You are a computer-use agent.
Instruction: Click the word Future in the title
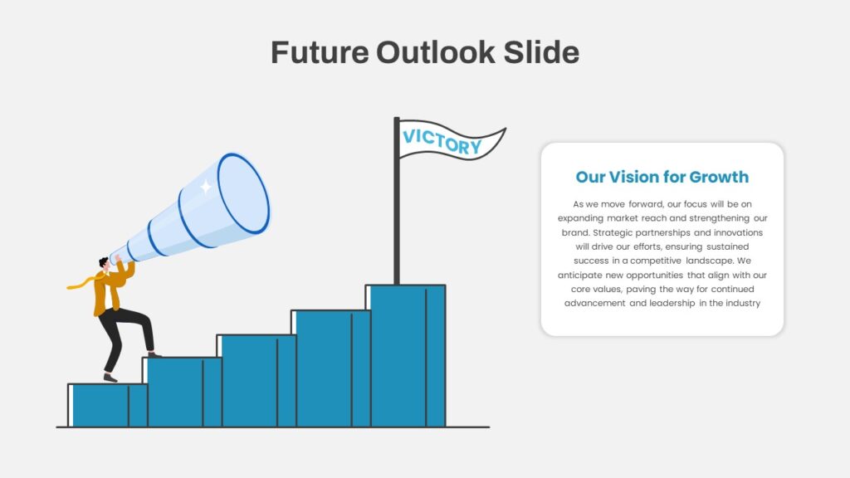319,52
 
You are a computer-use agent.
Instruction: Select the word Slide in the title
542,52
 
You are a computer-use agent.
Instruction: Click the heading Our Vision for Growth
662,177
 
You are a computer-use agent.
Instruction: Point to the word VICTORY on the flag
441,142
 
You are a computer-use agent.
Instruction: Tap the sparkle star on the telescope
205,187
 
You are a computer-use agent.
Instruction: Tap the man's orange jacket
108,292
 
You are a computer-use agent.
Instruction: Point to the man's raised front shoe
154,354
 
